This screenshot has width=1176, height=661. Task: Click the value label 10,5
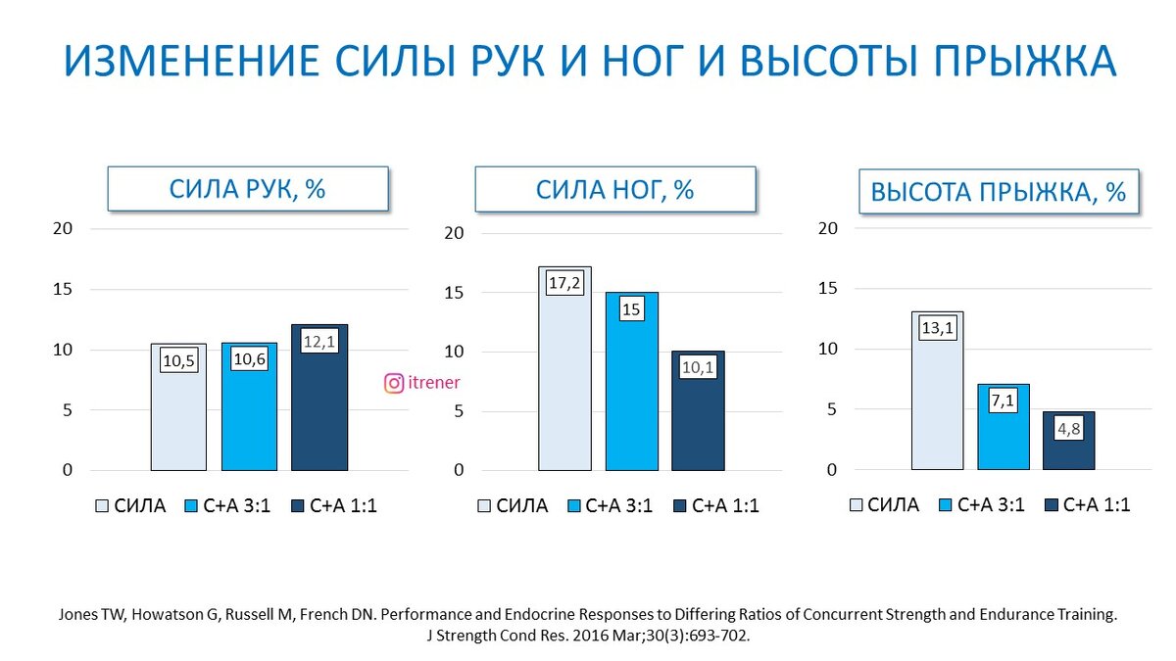click(178, 360)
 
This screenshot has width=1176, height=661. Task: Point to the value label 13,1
click(938, 329)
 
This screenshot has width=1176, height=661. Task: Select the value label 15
click(631, 309)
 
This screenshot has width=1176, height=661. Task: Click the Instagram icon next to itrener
click(394, 383)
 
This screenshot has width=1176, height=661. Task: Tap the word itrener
click(433, 383)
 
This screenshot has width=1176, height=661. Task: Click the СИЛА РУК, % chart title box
click(247, 189)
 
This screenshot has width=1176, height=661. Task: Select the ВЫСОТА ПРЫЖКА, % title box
click(998, 192)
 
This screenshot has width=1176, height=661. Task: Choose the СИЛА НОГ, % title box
click(614, 189)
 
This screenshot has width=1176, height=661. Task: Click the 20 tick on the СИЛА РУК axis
click(63, 229)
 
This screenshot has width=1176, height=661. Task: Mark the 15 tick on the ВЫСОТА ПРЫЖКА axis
click(830, 289)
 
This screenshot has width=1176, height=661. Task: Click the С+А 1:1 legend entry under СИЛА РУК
click(333, 506)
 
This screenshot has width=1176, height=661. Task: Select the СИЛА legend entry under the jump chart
click(883, 505)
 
